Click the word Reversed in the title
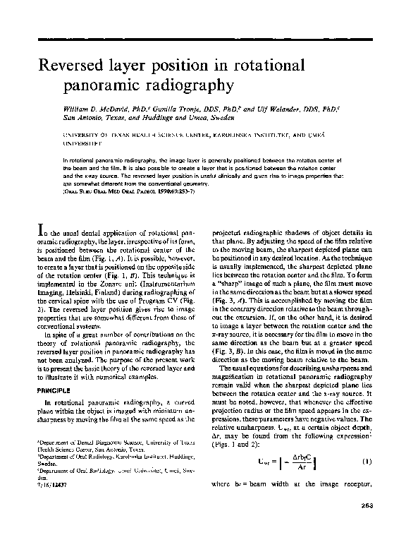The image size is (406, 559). [73, 66]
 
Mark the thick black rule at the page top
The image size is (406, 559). [203, 36]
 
